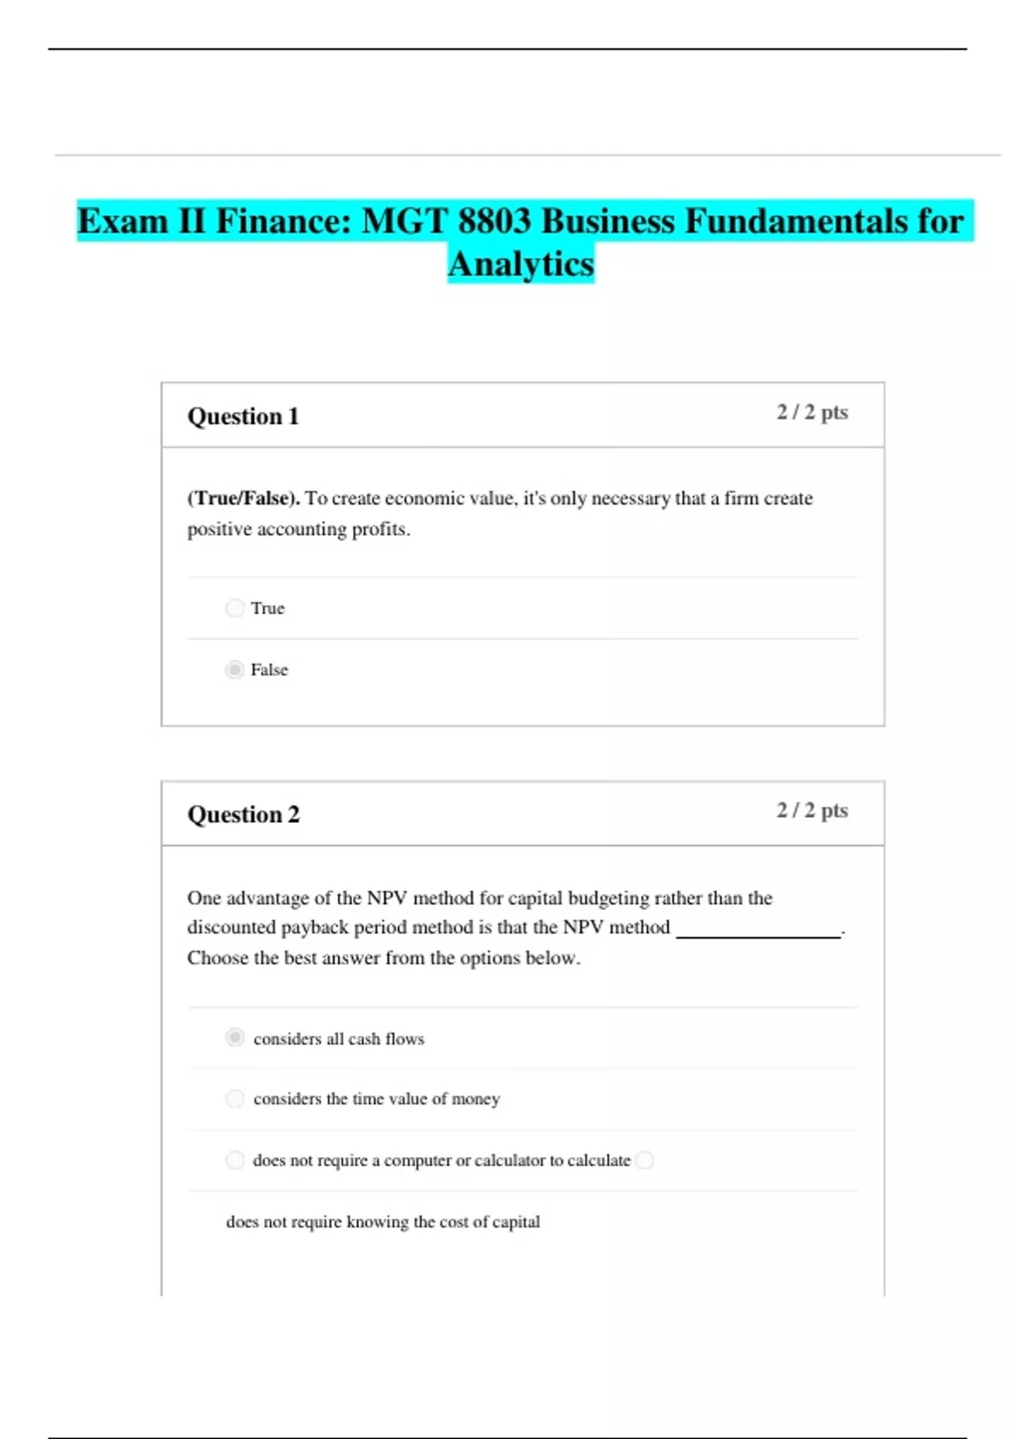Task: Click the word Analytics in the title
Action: pyautogui.click(x=521, y=264)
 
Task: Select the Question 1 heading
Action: pyautogui.click(x=243, y=416)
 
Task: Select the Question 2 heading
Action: pyautogui.click(x=243, y=814)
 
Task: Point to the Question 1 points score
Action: pyautogui.click(x=812, y=412)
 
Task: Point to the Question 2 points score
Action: pyautogui.click(x=812, y=810)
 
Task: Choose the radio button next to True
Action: pyautogui.click(x=235, y=608)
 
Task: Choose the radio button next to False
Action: pyautogui.click(x=235, y=670)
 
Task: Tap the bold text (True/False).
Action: pyautogui.click(x=243, y=499)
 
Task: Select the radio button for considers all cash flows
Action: pyautogui.click(x=235, y=1038)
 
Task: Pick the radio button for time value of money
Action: pyautogui.click(x=235, y=1099)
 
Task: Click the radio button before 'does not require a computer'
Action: pyautogui.click(x=235, y=1160)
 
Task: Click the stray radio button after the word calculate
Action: pyautogui.click(x=644, y=1160)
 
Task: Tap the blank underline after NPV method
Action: pyautogui.click(x=758, y=933)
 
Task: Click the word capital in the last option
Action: pyautogui.click(x=516, y=1221)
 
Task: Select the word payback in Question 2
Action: pyautogui.click(x=315, y=928)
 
